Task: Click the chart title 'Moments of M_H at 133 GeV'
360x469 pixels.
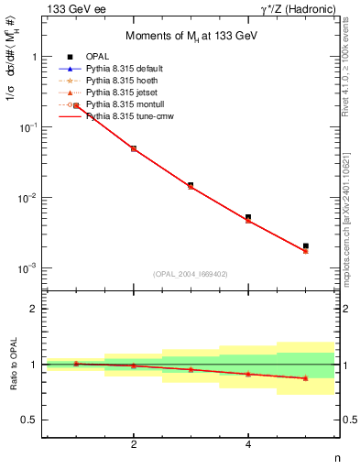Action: coord(190,34)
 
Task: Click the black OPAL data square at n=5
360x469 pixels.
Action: coord(306,245)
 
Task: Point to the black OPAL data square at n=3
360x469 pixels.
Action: coord(191,185)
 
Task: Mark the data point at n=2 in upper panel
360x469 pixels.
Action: coord(134,148)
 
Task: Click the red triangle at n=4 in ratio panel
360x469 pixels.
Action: coord(248,374)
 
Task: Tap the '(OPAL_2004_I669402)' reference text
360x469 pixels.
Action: coord(190,273)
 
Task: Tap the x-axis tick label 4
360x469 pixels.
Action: coord(248,445)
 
